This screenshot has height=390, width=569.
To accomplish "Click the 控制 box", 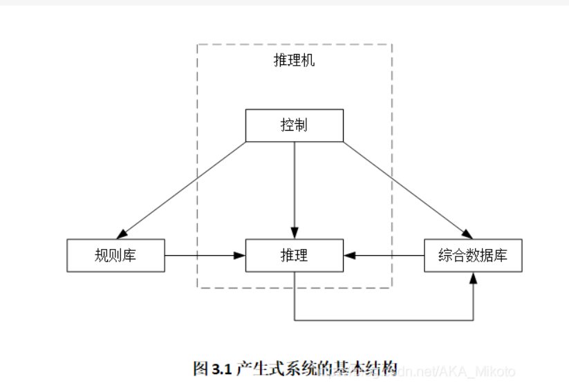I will (x=295, y=125).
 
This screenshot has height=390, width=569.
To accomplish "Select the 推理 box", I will (x=295, y=256).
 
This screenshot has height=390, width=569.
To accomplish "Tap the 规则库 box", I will (x=115, y=256).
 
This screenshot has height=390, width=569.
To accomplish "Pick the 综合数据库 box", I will (x=473, y=256).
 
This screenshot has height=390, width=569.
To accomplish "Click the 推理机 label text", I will (x=295, y=61).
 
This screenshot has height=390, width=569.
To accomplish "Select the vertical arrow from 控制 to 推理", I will (x=295, y=187).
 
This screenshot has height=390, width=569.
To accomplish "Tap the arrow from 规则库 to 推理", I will (x=204, y=256).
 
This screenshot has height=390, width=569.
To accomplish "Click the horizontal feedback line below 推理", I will (x=384, y=320).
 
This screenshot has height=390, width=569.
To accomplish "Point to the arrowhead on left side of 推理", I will (x=241, y=256).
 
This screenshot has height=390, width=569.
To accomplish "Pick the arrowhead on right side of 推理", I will (x=348, y=256).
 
